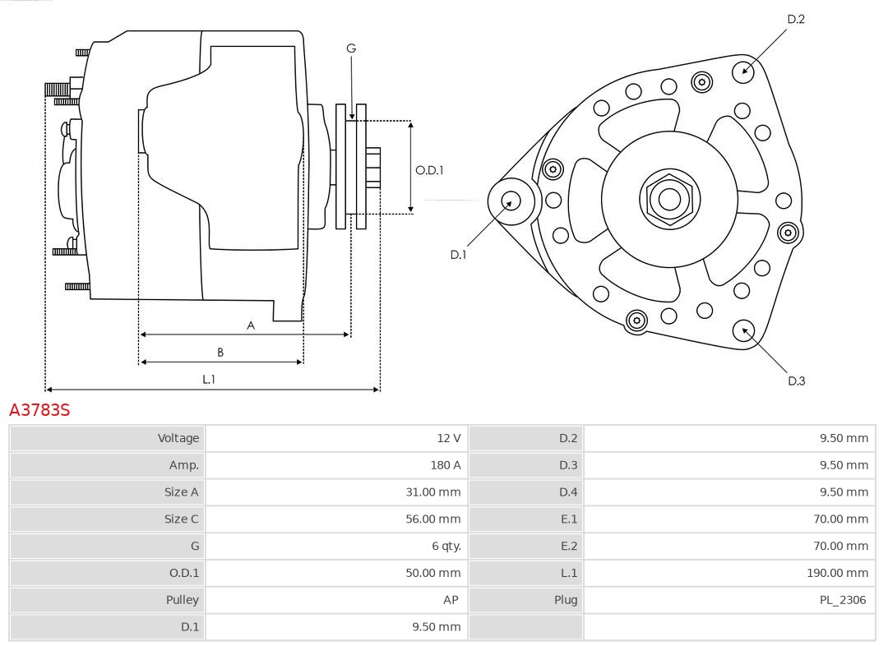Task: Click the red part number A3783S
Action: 39,409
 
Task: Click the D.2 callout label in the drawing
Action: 796,19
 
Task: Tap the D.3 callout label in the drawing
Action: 796,381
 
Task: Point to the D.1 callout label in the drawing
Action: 458,255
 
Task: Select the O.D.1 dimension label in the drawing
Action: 429,170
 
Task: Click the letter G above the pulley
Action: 351,48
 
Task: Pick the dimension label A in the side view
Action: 251,325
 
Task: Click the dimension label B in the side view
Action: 220,353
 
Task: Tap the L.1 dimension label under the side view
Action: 209,380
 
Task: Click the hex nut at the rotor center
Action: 669,199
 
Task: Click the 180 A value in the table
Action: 446,465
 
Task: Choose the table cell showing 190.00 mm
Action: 837,573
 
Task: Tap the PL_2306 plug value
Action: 843,600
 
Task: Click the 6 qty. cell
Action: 446,546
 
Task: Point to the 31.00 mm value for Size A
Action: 433,492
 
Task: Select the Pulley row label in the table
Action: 182,600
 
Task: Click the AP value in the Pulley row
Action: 451,600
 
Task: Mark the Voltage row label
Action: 178,438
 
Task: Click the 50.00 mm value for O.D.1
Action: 433,573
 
